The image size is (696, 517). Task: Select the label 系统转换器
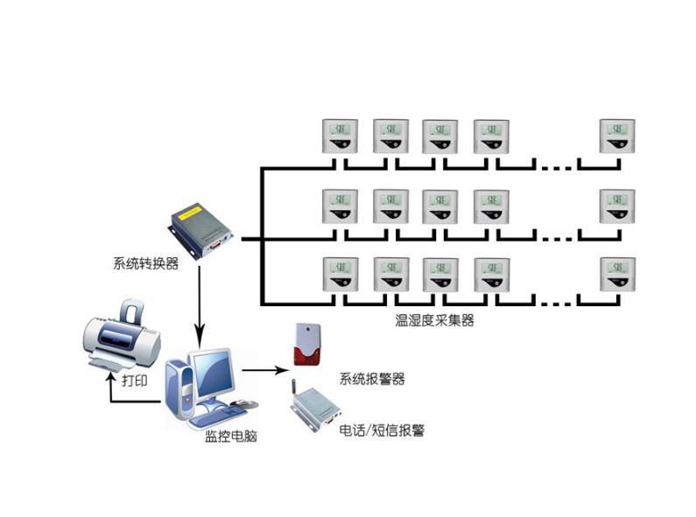tap(145, 262)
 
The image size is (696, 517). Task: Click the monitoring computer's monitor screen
tap(213, 375)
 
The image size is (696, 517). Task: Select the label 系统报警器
tap(371, 379)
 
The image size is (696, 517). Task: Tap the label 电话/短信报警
tap(382, 430)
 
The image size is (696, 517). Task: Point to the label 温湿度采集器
tap(434, 320)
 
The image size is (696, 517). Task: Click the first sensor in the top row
tap(339, 136)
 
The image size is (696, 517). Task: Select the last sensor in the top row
tap(616, 136)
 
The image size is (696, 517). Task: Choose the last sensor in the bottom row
tap(616, 275)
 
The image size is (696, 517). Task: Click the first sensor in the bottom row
tap(339, 275)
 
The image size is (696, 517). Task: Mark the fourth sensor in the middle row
tap(491, 206)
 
